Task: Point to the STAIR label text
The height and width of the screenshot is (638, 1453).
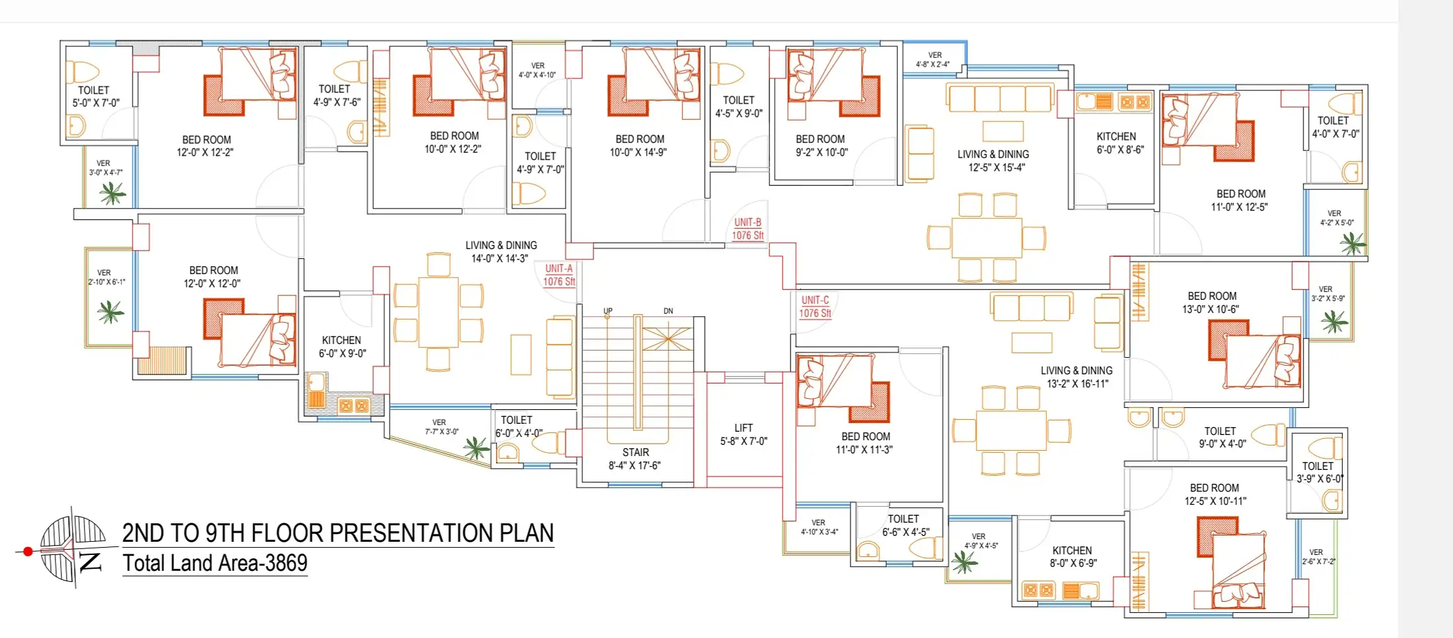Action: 636,452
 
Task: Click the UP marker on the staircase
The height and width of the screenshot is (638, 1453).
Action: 608,310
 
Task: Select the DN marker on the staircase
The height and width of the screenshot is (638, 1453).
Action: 668,310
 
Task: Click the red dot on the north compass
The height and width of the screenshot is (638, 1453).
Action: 28,551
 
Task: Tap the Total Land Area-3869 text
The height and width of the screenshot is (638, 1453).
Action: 215,564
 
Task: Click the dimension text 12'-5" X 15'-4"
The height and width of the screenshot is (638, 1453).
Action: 997,167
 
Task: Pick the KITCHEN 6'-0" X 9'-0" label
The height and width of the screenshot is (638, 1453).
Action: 341,347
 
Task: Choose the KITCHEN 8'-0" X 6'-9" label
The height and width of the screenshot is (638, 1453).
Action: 1073,556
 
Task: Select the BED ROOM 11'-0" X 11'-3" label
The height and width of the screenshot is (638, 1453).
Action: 865,443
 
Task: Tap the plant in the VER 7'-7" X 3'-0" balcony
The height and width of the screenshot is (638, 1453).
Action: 475,448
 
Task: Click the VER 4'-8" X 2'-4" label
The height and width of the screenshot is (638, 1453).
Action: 934,59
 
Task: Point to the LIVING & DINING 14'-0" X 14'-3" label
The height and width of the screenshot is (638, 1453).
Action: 500,252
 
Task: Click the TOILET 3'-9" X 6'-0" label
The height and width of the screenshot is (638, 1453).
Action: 1319,472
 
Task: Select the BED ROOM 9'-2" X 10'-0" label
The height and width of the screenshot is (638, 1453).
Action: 821,146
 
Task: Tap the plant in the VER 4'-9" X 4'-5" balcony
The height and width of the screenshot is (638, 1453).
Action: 964,562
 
